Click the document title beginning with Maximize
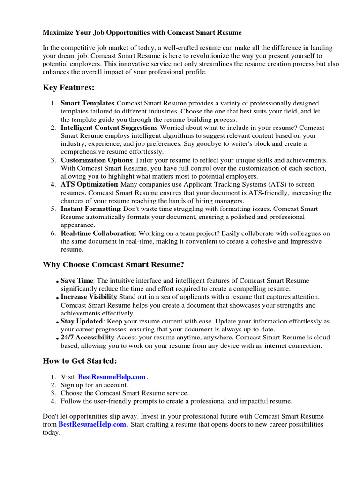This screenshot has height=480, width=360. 142,33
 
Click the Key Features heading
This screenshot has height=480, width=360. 68,88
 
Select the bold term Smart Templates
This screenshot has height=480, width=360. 88,103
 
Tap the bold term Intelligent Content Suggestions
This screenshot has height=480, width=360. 109,127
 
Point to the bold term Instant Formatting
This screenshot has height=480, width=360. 91,209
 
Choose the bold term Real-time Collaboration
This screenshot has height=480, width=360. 98,233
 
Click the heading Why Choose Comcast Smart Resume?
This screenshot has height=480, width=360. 113,265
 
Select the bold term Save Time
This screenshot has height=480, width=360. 77,281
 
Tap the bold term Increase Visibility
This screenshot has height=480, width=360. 89,297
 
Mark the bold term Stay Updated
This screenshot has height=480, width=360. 82,322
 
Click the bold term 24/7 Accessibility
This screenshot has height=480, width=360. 87,337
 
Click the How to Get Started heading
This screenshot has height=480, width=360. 80,361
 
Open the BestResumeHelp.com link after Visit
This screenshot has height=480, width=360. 112,377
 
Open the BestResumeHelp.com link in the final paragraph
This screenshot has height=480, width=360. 92,424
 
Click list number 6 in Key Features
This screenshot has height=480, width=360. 53,233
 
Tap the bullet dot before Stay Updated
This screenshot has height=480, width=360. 58,322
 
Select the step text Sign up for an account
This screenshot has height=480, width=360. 94,385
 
